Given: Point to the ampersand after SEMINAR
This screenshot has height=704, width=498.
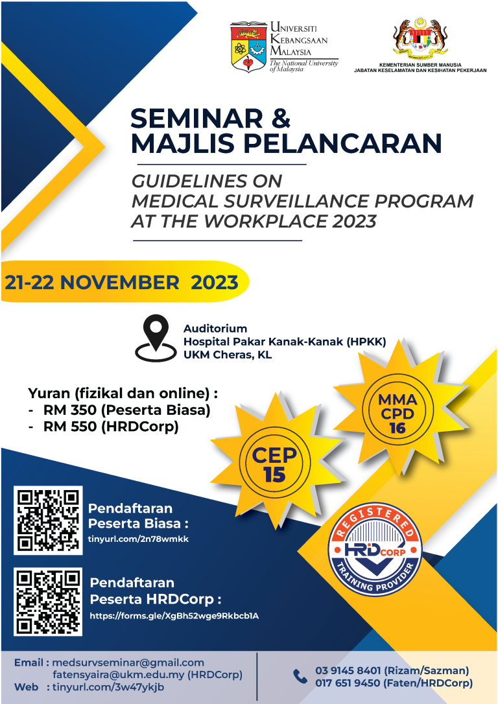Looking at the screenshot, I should [x=278, y=118].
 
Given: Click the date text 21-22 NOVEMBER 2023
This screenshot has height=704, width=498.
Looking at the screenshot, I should [x=121, y=283].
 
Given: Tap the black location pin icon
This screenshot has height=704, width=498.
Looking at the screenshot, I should [x=155, y=336].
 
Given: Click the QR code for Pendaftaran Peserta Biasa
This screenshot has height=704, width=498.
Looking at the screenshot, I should [x=48, y=520].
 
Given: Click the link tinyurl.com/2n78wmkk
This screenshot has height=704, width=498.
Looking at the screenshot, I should [x=138, y=539].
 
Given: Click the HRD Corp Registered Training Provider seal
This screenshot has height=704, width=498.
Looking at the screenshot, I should [x=375, y=550].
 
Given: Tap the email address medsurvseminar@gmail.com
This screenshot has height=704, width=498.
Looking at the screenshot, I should [x=128, y=663].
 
